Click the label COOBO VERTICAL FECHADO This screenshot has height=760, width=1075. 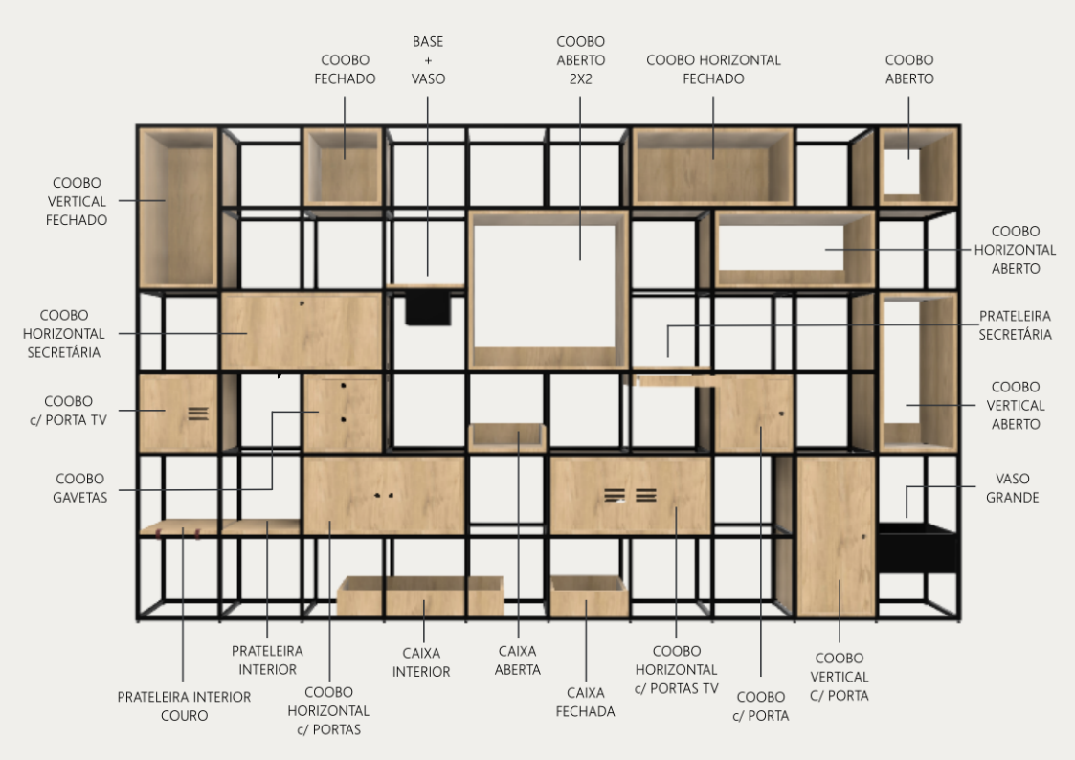(77, 201)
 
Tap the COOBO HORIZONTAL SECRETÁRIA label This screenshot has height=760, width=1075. (64, 334)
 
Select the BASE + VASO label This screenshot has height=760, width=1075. (428, 60)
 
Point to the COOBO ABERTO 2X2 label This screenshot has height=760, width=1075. (581, 60)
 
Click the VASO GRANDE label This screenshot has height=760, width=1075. (1013, 488)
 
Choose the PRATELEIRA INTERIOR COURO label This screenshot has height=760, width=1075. (184, 705)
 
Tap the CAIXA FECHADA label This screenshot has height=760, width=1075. (586, 702)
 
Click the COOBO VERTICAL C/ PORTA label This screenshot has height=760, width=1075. (840, 677)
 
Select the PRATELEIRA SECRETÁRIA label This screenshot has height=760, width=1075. (1015, 324)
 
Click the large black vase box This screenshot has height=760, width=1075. (917, 548)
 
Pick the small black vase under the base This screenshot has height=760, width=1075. (428, 307)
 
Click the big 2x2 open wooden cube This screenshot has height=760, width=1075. (549, 290)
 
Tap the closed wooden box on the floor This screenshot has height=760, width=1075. (590, 596)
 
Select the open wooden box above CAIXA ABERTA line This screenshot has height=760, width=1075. (507, 437)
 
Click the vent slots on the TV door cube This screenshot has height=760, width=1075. (198, 414)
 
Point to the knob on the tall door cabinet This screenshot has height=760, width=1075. (863, 537)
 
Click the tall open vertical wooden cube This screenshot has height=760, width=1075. (919, 372)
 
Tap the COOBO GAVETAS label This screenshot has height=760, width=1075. (80, 488)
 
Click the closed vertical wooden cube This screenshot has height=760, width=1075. (178, 208)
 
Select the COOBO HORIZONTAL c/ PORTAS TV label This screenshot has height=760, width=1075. (677, 669)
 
